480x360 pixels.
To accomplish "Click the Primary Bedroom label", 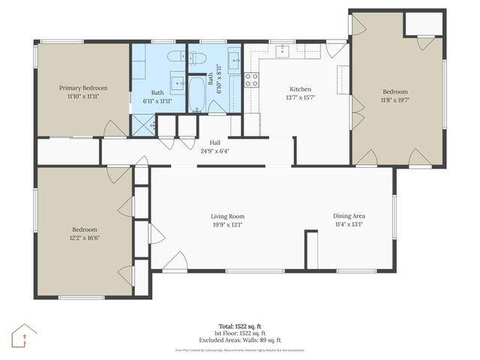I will tap(83, 88).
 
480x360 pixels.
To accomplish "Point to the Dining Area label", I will tap(349, 216).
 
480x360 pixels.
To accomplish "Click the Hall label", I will tap(214, 142).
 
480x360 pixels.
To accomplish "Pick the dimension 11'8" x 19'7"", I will tap(397, 99).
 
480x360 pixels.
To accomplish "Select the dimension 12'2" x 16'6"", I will tap(84, 238).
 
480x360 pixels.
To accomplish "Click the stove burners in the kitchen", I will tap(251, 79).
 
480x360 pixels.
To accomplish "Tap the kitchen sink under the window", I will tap(283, 51).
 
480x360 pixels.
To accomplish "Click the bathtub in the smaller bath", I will tap(198, 94).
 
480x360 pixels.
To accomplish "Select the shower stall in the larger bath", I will tap(143, 124).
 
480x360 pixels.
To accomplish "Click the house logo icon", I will tap(25, 337).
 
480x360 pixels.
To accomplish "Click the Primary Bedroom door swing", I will tap(114, 129).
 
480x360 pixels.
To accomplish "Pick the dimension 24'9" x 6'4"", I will tap(214, 151).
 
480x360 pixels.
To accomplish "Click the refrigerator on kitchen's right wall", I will tap(343, 79).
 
